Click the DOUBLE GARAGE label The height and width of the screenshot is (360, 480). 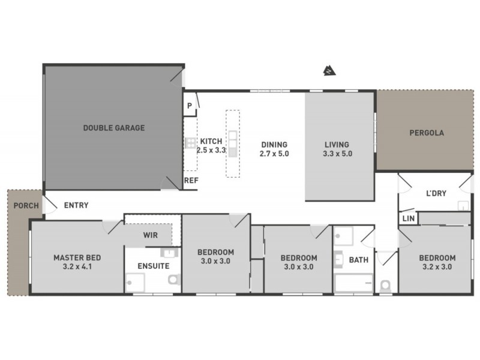pyautogui.click(x=114, y=128)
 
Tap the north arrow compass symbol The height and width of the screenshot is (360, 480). pyautogui.click(x=328, y=71)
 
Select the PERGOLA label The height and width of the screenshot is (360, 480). pyautogui.click(x=427, y=133)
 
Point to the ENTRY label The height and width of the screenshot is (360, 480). pyautogui.click(x=76, y=205)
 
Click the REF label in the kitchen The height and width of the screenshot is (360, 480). pyautogui.click(x=191, y=180)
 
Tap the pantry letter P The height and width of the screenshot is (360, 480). pyautogui.click(x=189, y=106)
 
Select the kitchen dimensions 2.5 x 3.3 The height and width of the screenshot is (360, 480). pyautogui.click(x=211, y=151)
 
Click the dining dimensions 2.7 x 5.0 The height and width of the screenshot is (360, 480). pyautogui.click(x=274, y=154)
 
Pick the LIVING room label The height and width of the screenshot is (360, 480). pyautogui.click(x=337, y=145)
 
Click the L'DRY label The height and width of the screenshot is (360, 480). pyautogui.click(x=436, y=194)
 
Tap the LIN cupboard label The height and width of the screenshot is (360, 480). pyautogui.click(x=409, y=219)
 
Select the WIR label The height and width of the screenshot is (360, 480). pyautogui.click(x=151, y=235)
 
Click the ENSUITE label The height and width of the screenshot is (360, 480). pyautogui.click(x=154, y=266)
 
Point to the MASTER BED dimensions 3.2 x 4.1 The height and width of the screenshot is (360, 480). pyautogui.click(x=77, y=266)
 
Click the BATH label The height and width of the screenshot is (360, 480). pyautogui.click(x=359, y=260)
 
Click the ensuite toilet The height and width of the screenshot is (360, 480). pyautogui.click(x=175, y=280)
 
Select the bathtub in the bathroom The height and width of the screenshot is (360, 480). pyautogui.click(x=354, y=283)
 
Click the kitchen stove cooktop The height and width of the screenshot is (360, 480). pyautogui.click(x=190, y=143)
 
